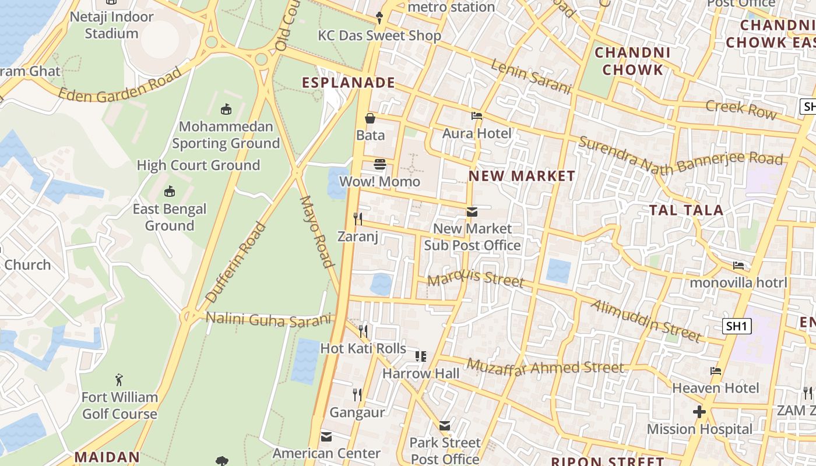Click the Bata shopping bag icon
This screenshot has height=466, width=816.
[x=370, y=118]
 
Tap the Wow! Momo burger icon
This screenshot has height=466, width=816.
[x=380, y=164]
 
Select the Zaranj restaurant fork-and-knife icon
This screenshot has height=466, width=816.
[x=358, y=218]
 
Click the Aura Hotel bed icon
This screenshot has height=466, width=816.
[x=477, y=116]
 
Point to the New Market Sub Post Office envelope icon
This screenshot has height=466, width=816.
[x=472, y=211]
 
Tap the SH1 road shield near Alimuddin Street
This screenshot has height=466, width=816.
[x=737, y=326]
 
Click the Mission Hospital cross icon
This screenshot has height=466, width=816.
[x=699, y=412]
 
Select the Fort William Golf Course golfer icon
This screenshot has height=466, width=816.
[x=119, y=380]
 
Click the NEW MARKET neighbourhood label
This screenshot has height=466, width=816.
[x=522, y=176]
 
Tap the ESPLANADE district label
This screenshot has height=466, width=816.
[x=349, y=83]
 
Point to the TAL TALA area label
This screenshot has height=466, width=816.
[x=686, y=210]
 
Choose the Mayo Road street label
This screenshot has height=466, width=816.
[x=318, y=231]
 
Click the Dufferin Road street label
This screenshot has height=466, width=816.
[x=236, y=263]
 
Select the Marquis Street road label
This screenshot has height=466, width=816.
[x=476, y=278]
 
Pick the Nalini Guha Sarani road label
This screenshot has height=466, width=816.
[x=269, y=319]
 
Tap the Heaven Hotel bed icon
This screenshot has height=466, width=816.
[x=716, y=371]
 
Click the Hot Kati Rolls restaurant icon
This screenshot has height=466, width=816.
[x=363, y=331]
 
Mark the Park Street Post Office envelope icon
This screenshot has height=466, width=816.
[x=445, y=426]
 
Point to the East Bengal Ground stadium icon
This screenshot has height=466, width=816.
[x=170, y=191]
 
